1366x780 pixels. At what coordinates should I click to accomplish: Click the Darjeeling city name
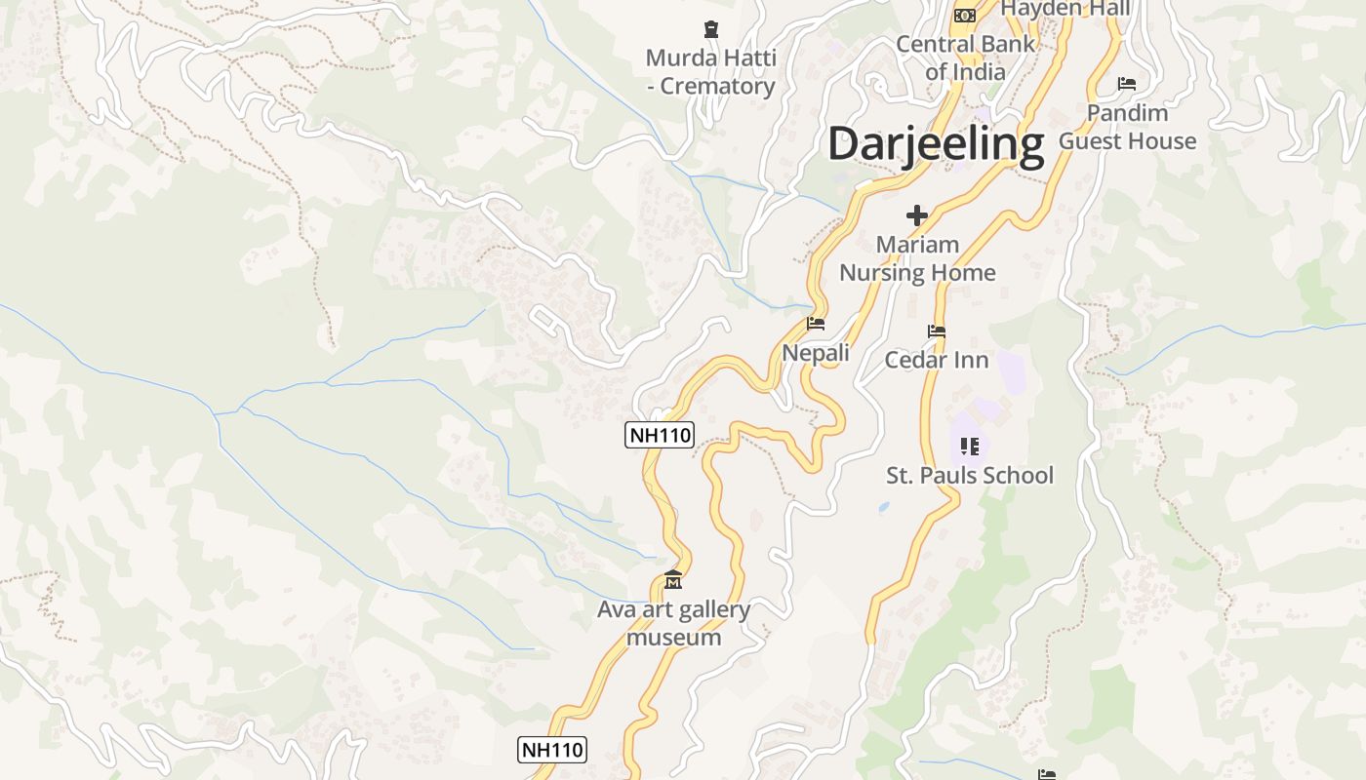click(936, 143)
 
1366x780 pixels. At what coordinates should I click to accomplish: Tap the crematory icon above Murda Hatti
click(710, 30)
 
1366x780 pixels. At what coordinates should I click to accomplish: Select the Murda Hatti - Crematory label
click(710, 72)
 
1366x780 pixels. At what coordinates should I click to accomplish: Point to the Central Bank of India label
click(965, 58)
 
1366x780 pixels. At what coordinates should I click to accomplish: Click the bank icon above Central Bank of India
click(965, 15)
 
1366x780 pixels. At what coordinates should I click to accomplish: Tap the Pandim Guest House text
click(1127, 127)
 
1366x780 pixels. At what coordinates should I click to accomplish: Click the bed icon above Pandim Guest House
click(1127, 84)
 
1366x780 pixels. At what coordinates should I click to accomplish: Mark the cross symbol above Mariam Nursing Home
click(917, 215)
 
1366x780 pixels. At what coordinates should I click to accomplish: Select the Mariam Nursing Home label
click(917, 258)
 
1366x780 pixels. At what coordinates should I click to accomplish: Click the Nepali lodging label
click(816, 353)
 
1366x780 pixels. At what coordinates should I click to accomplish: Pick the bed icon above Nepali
click(816, 324)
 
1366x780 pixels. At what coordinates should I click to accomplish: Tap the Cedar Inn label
click(937, 360)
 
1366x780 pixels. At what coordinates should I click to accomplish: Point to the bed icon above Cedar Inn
click(937, 331)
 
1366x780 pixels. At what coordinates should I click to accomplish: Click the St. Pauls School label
click(970, 476)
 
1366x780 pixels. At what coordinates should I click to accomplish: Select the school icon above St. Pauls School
click(969, 447)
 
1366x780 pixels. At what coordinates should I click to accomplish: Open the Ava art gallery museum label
click(673, 624)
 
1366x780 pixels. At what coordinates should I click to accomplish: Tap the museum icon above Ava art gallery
click(673, 581)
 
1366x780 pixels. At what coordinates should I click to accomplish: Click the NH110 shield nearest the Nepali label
click(660, 435)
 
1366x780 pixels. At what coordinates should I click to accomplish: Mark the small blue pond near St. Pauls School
click(884, 508)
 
